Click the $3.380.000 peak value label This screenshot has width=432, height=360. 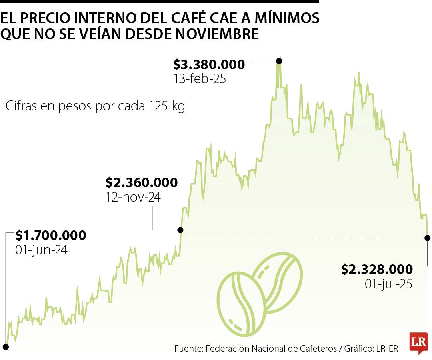pyautogui.click(x=209, y=64)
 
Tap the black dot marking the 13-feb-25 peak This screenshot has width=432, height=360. pyautogui.click(x=279, y=61)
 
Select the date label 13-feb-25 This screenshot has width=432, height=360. pyautogui.click(x=200, y=79)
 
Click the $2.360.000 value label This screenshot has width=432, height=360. pyautogui.click(x=142, y=183)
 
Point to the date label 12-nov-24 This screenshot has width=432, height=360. pyautogui.click(x=133, y=197)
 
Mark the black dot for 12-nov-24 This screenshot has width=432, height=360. pyautogui.click(x=180, y=230)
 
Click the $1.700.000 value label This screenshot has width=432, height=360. pyautogui.click(x=51, y=236)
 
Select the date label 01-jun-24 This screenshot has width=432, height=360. pyautogui.click(x=41, y=250)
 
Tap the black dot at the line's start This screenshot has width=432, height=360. pyautogui.click(x=6, y=346)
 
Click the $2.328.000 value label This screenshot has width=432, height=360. pyautogui.click(x=377, y=269)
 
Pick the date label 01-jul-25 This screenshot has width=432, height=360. pyautogui.click(x=388, y=284)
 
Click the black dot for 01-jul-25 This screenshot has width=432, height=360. pyautogui.click(x=427, y=238)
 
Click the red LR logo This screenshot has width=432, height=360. pyautogui.click(x=418, y=342)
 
